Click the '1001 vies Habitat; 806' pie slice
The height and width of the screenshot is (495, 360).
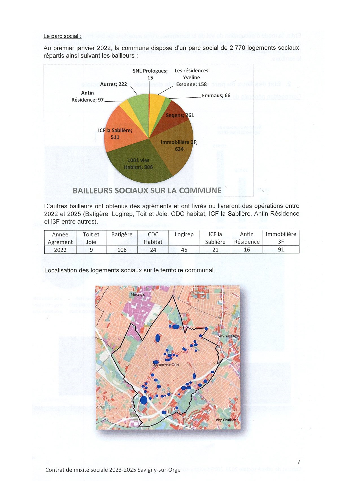(138, 164)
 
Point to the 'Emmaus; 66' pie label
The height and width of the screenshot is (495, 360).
(216, 96)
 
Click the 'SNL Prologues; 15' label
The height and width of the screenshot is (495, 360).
(150, 74)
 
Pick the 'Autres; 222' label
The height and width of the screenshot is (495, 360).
(114, 84)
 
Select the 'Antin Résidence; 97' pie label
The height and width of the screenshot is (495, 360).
(88, 96)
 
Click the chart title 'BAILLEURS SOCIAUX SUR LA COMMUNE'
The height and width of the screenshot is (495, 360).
(147, 191)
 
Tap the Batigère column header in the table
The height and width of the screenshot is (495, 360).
(122, 235)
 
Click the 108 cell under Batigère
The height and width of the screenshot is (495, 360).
(122, 250)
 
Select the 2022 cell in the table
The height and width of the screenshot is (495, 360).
(60, 250)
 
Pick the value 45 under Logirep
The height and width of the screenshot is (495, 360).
(184, 250)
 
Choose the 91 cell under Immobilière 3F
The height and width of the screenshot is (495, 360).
(281, 250)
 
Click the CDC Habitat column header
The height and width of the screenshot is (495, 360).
(153, 238)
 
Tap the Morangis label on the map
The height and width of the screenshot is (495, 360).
(138, 295)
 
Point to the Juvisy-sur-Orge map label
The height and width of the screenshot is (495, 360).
(226, 336)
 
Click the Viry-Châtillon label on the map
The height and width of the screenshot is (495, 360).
(226, 420)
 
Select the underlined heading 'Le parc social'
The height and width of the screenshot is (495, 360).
(62, 36)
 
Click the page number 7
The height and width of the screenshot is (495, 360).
(299, 462)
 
